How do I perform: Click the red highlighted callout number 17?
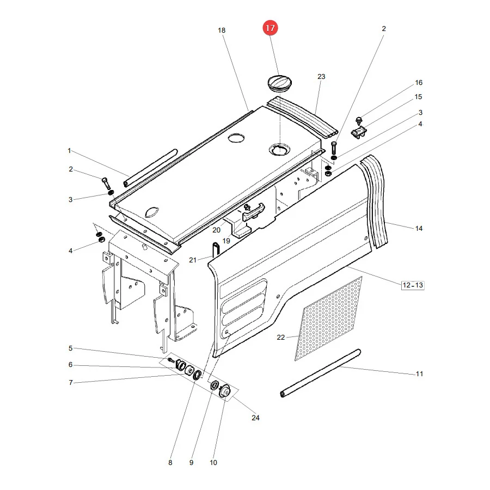pos(270,28)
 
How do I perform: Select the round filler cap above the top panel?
pos(280,83)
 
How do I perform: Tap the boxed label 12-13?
pos(413,285)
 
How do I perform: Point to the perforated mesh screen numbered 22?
pos(328,318)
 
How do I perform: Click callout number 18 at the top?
pos(222,30)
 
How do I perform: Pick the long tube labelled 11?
pos(321,373)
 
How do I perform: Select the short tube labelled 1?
pos(150,168)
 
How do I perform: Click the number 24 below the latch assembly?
pos(255,418)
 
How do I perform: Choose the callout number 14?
pos(419,229)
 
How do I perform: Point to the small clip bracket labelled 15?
pos(359,132)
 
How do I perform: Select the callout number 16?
pos(419,83)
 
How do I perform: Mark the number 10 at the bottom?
pos(213,462)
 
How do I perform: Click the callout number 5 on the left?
pos(70,348)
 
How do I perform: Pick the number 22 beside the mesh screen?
pos(280,337)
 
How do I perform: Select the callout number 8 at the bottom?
pos(170,462)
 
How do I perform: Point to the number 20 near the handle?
pos(216,230)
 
